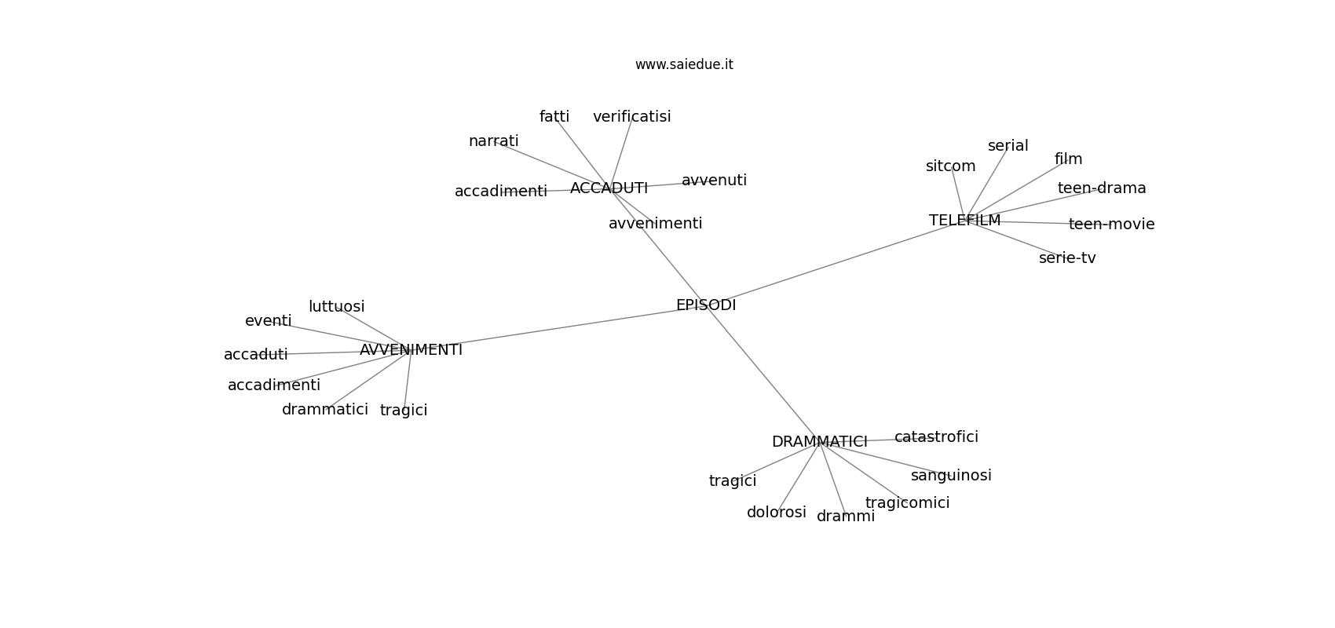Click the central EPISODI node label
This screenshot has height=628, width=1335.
[x=706, y=305]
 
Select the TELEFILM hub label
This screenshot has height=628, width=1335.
[x=964, y=221]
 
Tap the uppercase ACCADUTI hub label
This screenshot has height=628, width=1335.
[x=609, y=188]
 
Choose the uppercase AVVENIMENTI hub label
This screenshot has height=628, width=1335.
[x=411, y=350]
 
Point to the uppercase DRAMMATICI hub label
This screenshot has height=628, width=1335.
[x=819, y=442]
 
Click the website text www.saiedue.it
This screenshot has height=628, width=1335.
[x=684, y=64]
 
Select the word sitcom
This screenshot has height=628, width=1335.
[x=950, y=166]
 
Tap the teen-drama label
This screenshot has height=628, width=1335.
[x=1102, y=188]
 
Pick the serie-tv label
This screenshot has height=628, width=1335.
[x=1066, y=258]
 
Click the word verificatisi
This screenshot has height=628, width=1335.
[x=631, y=117]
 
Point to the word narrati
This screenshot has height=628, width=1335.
[x=493, y=141]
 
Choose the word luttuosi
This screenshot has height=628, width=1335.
[x=336, y=307]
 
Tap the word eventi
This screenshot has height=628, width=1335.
[x=268, y=321]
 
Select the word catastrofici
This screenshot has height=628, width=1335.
[x=936, y=437]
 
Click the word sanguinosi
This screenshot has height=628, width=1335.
[x=951, y=476]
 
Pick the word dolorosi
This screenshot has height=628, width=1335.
[x=776, y=513]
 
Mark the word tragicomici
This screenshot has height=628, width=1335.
[x=907, y=503]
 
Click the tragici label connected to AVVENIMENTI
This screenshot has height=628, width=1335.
[x=403, y=411]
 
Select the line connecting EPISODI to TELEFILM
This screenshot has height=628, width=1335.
[x=832, y=264]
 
